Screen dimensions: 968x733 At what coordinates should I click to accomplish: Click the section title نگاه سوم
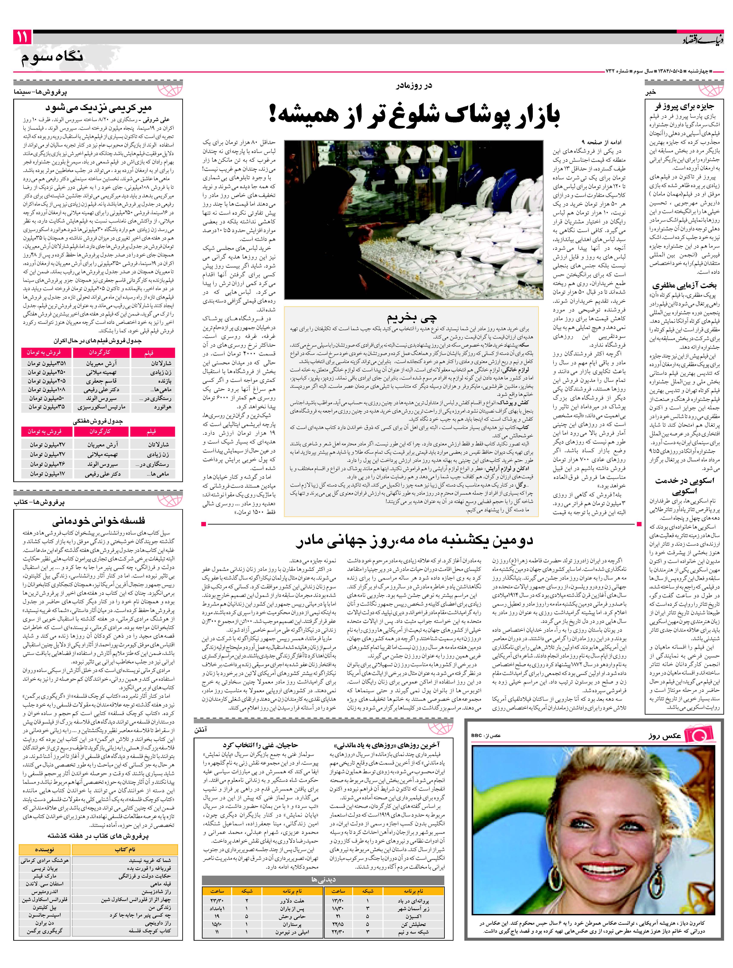coord(52,57)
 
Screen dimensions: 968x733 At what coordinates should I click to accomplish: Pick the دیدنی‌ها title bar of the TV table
coord(323,867)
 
